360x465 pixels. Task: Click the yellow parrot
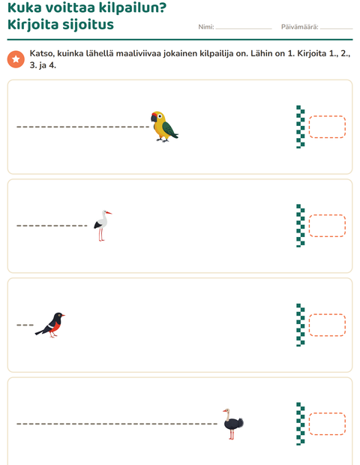click(x=164, y=127)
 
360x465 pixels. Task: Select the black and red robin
click(x=50, y=325)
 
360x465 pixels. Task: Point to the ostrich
click(x=233, y=424)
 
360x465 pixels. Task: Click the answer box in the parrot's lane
click(x=327, y=127)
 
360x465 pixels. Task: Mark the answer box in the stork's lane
click(x=327, y=226)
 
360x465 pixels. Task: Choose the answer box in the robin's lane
click(x=327, y=325)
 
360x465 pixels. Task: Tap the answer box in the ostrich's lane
click(x=327, y=424)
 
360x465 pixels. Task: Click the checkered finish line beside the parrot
click(x=301, y=127)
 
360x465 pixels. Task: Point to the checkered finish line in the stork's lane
click(x=301, y=226)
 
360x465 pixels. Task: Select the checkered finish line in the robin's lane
click(x=301, y=325)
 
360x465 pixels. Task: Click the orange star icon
click(x=16, y=59)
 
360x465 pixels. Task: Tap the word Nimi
click(x=205, y=27)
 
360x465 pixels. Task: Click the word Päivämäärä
click(x=299, y=27)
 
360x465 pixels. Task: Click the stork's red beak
click(x=109, y=213)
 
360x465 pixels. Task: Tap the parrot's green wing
click(x=169, y=130)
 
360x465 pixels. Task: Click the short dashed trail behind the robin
click(x=25, y=325)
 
